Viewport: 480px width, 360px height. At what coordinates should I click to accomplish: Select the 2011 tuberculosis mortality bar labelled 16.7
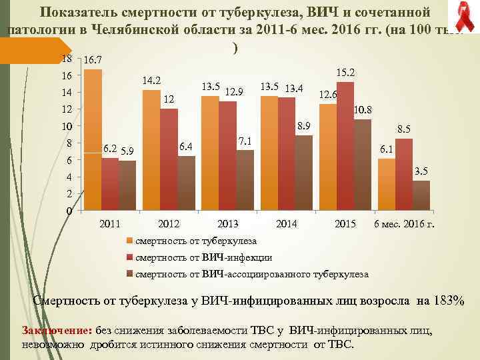tap(93, 140)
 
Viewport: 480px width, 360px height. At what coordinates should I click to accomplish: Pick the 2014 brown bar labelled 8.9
tap(303, 173)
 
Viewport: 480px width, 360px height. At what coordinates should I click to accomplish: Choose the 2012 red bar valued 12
tap(169, 160)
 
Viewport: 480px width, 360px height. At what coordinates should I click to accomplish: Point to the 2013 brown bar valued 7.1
tap(245, 181)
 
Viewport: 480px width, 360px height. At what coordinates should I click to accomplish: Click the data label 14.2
tap(153, 81)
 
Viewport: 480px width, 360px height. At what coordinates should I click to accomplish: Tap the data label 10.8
tap(362, 109)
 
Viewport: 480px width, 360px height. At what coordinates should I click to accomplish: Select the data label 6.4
tap(187, 146)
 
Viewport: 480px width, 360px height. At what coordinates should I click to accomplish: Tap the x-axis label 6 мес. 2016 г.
tap(404, 223)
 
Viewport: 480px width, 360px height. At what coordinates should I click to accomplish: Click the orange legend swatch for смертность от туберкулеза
tap(130, 241)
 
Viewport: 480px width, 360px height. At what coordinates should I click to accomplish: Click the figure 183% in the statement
tap(449, 301)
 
